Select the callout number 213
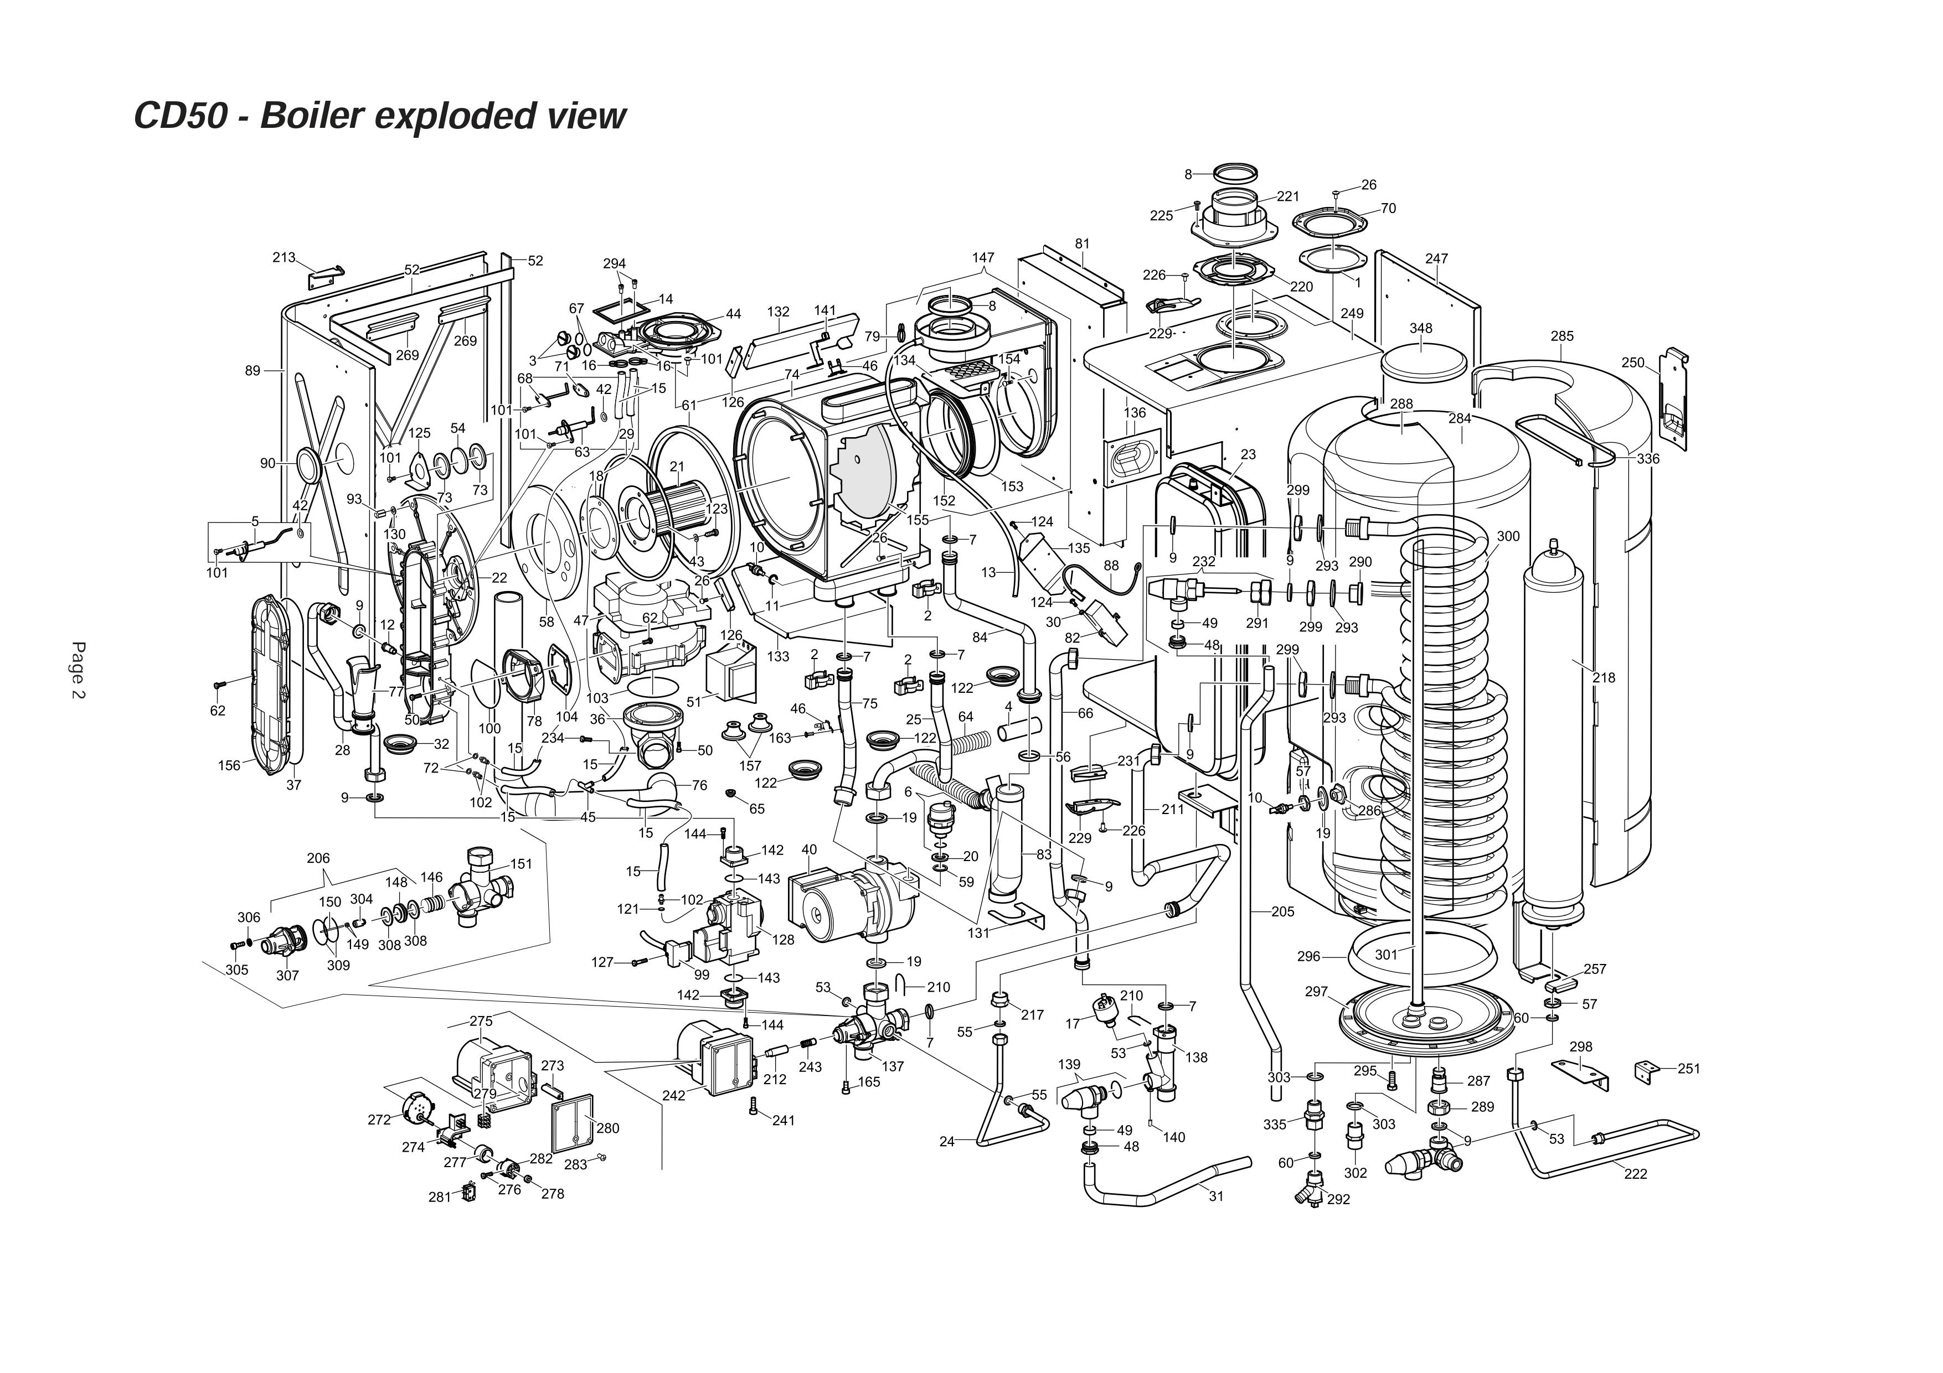[284, 257]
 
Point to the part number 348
[1421, 328]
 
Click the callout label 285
[1561, 336]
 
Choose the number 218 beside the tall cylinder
[1603, 677]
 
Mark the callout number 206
[318, 858]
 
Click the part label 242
[674, 1096]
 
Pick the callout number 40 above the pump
[809, 849]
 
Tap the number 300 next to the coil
[1508, 536]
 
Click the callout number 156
[229, 765]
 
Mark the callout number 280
[607, 1128]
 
